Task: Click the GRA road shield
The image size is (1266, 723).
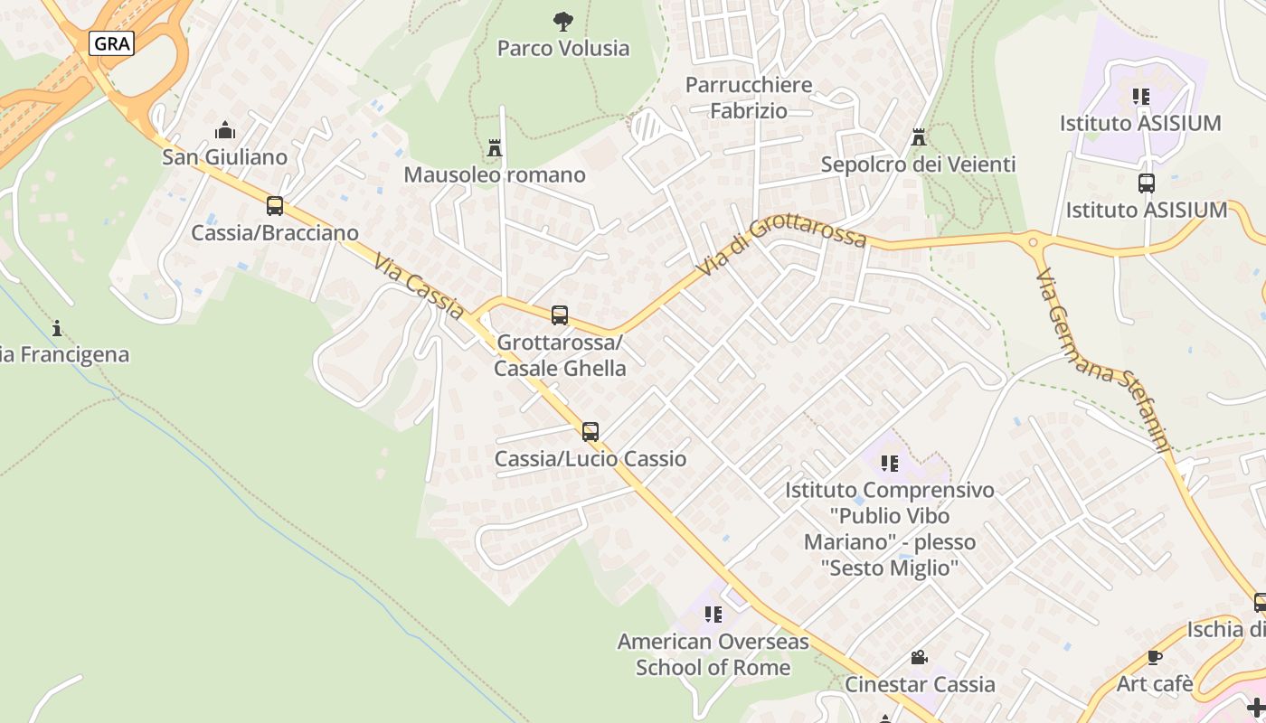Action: coord(112,42)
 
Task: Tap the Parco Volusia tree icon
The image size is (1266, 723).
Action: coord(563,21)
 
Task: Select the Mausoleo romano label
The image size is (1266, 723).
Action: coord(495,174)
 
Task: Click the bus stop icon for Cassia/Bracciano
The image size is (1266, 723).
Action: coord(275,206)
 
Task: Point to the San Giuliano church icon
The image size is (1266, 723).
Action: coord(225,131)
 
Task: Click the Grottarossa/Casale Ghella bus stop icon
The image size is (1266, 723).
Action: coord(560,315)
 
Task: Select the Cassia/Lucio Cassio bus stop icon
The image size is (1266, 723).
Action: coord(590,432)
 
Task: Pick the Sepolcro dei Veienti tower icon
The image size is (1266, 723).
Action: coord(919,138)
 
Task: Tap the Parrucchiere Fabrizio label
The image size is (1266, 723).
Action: coord(749,98)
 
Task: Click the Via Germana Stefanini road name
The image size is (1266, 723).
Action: coord(1103,360)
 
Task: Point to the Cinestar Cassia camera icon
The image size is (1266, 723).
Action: coord(919,657)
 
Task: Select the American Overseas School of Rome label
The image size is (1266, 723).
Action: coord(713,654)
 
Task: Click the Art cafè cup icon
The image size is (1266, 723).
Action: coord(1154,657)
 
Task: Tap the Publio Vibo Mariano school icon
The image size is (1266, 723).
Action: coord(890,464)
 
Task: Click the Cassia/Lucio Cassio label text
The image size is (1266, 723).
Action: coord(590,459)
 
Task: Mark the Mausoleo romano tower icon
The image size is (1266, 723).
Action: coord(495,147)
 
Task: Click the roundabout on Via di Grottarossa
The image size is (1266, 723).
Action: coord(1032,241)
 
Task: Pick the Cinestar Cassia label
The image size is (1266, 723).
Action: coord(920,684)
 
